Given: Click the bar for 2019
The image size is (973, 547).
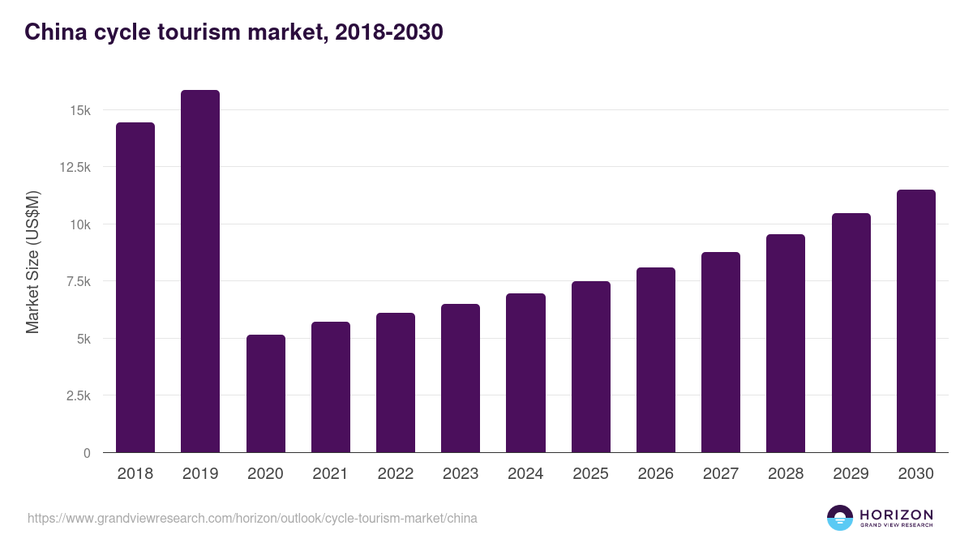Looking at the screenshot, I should [x=199, y=271].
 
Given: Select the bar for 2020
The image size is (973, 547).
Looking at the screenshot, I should [x=265, y=394].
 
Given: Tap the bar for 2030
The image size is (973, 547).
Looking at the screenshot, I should [x=915, y=321].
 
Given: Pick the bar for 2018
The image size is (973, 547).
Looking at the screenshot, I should [x=135, y=288].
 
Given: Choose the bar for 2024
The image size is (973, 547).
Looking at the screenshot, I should [x=525, y=373].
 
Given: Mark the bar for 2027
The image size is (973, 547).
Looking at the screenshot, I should [x=720, y=353].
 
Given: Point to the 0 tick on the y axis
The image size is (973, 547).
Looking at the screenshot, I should [x=86, y=453].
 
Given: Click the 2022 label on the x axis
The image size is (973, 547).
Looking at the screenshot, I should [x=395, y=474].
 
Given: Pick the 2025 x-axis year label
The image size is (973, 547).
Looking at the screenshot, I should [x=590, y=474].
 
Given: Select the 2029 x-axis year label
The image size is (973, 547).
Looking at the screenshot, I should [x=851, y=474].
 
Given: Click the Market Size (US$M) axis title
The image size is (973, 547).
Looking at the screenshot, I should [x=32, y=262].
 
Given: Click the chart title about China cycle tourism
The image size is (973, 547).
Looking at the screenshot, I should [x=234, y=32].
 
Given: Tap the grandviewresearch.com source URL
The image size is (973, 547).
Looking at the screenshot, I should [x=252, y=518].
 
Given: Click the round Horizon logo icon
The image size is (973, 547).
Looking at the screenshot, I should [x=840, y=518].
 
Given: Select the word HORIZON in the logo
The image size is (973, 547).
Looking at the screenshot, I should [x=896, y=514].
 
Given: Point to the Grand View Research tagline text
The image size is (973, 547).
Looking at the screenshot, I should [x=896, y=526].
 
